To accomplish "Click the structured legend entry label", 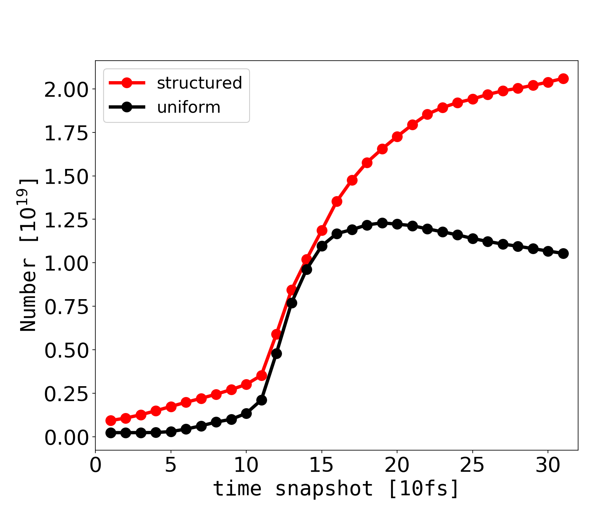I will point(199,83).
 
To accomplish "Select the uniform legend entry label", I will point(188,108).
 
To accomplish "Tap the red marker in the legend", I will point(127,83).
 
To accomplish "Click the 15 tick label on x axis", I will point(321,465).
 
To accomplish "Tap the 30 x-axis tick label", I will point(548,465).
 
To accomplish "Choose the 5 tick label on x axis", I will point(171,465).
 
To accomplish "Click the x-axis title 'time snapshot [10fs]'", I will point(336,488).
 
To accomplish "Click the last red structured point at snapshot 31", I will point(563,79).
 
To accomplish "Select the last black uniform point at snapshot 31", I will point(563,253).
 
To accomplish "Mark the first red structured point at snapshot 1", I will point(111,420).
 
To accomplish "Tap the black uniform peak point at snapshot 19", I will point(382,223).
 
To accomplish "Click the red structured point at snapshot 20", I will point(397,137).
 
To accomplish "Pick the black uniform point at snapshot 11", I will point(261,400).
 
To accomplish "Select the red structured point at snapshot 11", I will point(261,375).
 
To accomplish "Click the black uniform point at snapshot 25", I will point(473,238).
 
